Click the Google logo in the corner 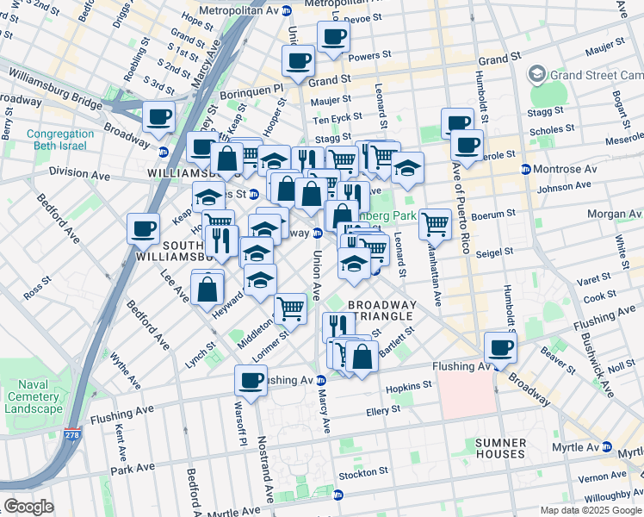click(x=28, y=507)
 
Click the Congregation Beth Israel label click(x=59, y=140)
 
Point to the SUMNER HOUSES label click(x=500, y=448)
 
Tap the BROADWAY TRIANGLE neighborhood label click(x=382, y=311)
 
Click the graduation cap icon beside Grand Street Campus click(x=539, y=75)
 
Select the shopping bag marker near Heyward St click(x=207, y=289)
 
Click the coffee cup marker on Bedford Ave click(x=143, y=228)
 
